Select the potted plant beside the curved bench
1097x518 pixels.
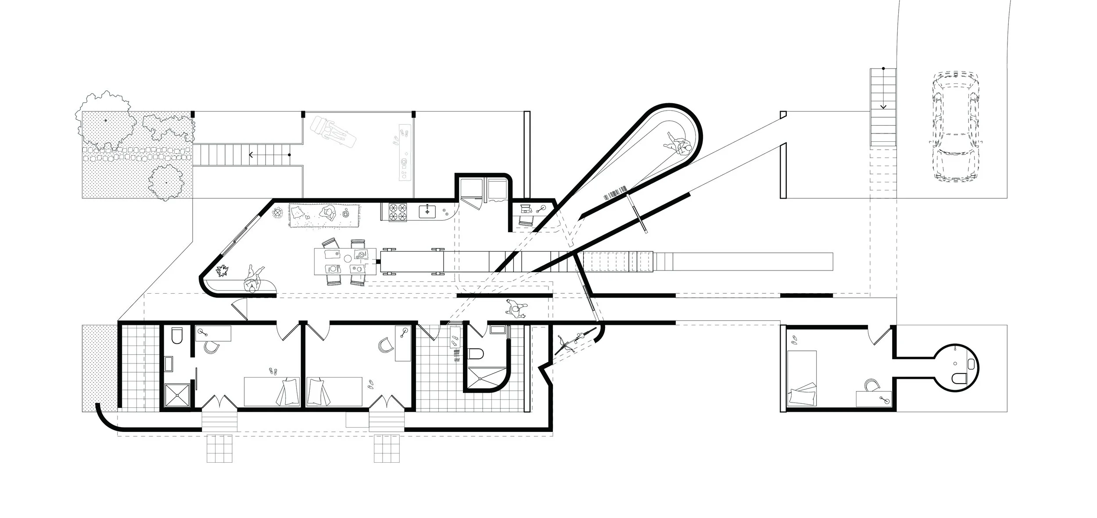click(224, 271)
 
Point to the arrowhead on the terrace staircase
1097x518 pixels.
click(251, 155)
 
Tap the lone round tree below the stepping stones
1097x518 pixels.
click(166, 181)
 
